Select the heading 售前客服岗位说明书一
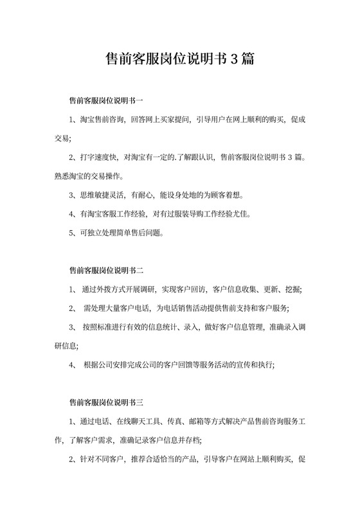106,101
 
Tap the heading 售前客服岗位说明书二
106,271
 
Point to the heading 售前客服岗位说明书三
106,404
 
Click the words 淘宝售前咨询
102,120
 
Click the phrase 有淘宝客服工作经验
114,213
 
